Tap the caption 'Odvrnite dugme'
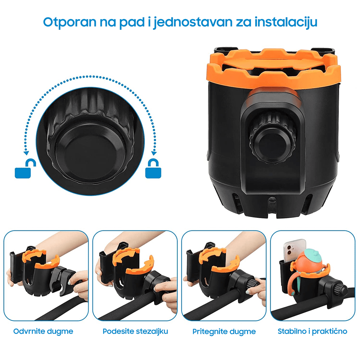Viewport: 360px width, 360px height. pos(43,331)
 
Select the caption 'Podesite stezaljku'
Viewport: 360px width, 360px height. pos(135,331)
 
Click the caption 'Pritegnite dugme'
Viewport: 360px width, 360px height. pos(224,331)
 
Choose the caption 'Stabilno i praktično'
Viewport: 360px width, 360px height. pos(312,331)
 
